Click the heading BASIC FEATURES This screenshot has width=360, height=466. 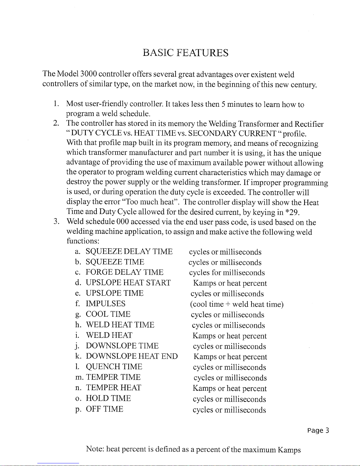185,53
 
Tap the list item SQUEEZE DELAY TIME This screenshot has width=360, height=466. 129,252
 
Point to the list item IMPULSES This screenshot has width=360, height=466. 105,304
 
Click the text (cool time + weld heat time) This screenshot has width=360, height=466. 237,304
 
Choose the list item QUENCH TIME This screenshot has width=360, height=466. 114,367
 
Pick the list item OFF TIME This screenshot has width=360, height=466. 104,409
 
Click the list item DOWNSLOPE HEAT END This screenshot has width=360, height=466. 131,356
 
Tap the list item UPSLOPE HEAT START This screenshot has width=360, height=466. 128,283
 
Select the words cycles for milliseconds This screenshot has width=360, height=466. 227,273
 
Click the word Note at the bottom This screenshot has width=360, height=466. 95,449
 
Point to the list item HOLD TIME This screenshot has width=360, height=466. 108,398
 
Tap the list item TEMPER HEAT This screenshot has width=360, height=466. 113,388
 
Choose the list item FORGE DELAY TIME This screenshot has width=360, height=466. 124,272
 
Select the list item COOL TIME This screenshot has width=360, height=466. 108,314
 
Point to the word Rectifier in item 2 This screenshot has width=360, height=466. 309,124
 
